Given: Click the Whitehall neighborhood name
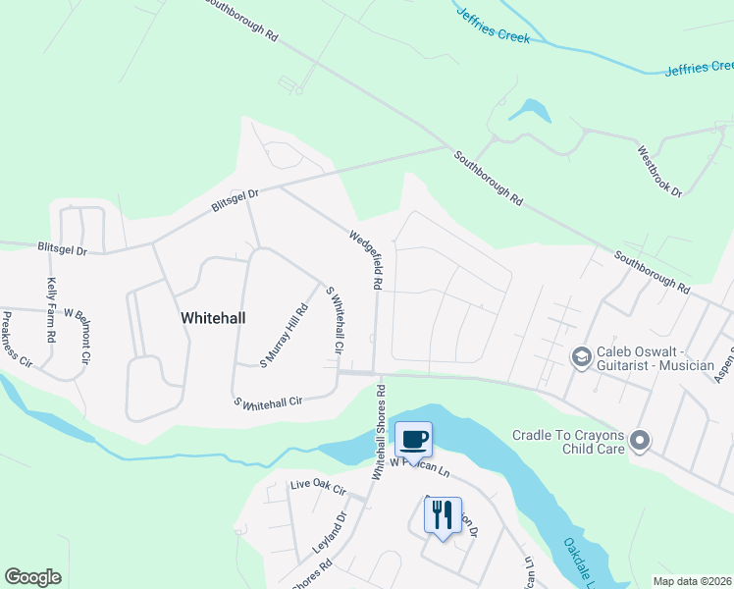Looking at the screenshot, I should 213,317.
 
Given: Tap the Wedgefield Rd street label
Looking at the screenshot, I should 365,259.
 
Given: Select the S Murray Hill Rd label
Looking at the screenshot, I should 284,337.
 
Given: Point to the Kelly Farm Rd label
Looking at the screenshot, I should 51,311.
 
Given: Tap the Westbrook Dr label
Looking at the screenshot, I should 659,171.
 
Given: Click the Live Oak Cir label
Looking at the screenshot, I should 319,487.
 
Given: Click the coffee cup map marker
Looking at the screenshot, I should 413,438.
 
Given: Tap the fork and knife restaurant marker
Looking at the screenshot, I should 441,513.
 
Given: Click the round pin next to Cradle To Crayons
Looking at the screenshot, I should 641,441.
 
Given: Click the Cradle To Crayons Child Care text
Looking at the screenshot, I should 568,442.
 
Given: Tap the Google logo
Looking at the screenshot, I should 32,577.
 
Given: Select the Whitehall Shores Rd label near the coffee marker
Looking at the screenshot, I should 379,431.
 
